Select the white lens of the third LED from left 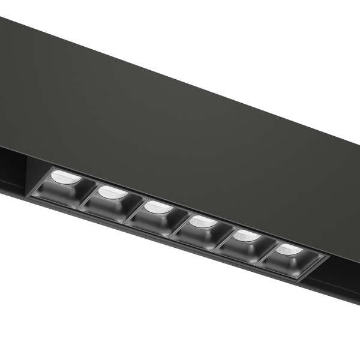158,208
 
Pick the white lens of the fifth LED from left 247,236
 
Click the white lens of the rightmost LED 289,250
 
